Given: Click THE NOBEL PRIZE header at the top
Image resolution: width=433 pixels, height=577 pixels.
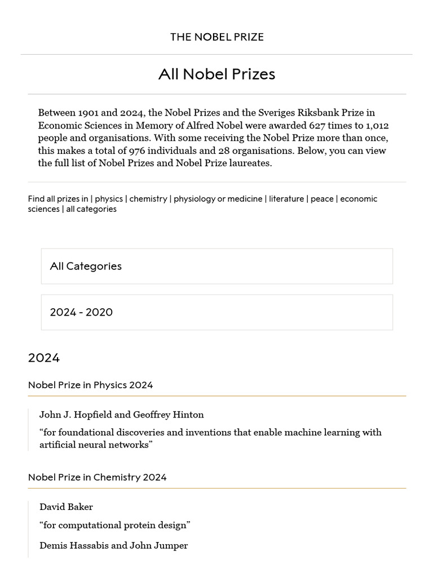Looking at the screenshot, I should pos(216,37).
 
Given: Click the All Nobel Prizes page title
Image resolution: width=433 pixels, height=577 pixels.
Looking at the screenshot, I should pos(216,74).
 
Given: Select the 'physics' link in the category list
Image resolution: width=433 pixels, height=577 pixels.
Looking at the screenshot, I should pos(109,199).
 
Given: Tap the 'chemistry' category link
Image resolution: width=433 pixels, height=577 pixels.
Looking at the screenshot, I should pos(148,199).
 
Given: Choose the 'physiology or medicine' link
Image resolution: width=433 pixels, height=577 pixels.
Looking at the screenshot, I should pos(218,199).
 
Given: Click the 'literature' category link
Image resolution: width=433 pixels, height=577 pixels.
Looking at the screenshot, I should pos(286,199).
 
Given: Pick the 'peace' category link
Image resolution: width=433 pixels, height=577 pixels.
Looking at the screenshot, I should pos(322,199).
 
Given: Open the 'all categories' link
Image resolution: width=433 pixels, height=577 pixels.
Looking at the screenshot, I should pos(91,209).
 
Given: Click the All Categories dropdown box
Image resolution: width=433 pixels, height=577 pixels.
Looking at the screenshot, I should pos(216,266).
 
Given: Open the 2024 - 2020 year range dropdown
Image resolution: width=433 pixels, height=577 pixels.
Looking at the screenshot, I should pos(216,312).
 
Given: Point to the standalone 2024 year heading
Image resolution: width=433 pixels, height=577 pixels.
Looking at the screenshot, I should pos(44,358).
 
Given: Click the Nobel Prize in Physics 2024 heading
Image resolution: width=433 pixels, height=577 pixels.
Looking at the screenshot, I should pos(90,385).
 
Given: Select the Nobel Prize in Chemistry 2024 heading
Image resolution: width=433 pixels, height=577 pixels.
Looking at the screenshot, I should pos(97,477).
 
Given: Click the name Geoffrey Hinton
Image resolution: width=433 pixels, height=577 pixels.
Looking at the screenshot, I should pos(169,415).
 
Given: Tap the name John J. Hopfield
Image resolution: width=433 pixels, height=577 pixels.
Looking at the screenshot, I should pos(75,415).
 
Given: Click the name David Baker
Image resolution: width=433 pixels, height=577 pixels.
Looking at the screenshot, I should pos(66,507).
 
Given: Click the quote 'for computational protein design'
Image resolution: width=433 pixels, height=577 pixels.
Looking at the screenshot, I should pos(115,525).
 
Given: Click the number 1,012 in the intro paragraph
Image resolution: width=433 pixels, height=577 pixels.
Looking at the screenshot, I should pos(377,125).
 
